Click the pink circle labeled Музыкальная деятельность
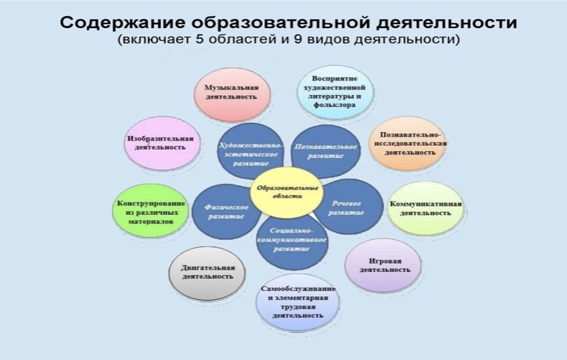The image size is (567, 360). [232, 94]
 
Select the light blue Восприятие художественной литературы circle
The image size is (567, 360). [335, 92]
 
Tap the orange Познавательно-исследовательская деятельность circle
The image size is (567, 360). [407, 144]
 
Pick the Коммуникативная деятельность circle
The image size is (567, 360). [426, 209]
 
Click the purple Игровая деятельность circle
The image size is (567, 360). [383, 265]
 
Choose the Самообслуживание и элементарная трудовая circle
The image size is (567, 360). [298, 302]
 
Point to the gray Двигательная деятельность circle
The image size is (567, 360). [207, 273]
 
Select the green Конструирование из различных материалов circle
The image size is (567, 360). [150, 210]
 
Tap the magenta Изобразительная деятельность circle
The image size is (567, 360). [162, 144]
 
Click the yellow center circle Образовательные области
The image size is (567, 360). [287, 192]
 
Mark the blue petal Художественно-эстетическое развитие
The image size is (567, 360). [249, 152]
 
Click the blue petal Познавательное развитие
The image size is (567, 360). [326, 151]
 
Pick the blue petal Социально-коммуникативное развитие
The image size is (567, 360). [292, 242]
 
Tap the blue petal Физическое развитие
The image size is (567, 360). [226, 211]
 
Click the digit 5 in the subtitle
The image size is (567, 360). [201, 39]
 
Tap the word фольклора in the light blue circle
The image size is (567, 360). [334, 105]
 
